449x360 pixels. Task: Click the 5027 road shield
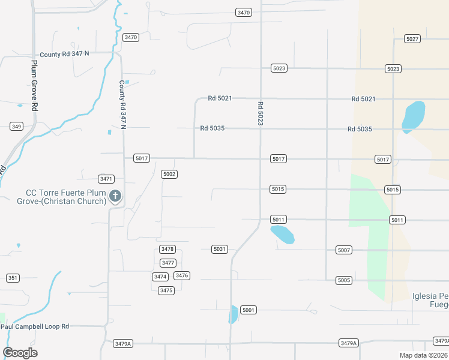click(x=412, y=39)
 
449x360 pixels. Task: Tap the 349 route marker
click(x=16, y=126)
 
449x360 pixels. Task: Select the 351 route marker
click(x=13, y=278)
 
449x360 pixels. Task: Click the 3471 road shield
click(x=106, y=179)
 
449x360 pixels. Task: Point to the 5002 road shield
click(x=169, y=174)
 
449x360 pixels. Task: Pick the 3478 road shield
click(x=167, y=249)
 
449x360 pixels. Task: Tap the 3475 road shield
click(x=166, y=290)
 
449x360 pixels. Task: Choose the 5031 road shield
click(x=220, y=249)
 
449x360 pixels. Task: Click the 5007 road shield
click(x=343, y=250)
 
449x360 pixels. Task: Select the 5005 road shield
click(x=343, y=280)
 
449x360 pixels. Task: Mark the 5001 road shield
click(x=249, y=310)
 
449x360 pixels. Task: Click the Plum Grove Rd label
click(x=35, y=84)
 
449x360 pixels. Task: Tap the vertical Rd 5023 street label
click(x=260, y=113)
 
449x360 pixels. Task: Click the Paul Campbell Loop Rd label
click(x=35, y=326)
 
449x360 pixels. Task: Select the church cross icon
click(x=115, y=196)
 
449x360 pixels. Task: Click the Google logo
click(x=20, y=353)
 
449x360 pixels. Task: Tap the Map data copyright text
click(x=423, y=355)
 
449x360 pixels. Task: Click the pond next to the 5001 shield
click(x=233, y=314)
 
